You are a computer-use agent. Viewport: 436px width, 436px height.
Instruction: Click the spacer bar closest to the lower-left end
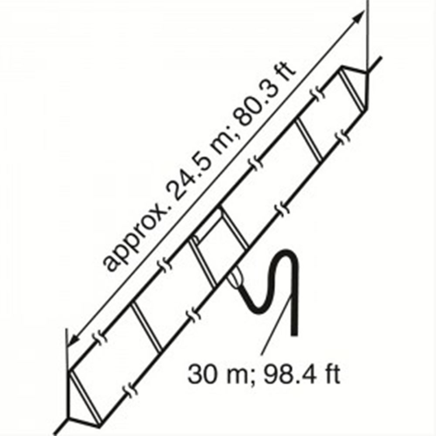point(146,325)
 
